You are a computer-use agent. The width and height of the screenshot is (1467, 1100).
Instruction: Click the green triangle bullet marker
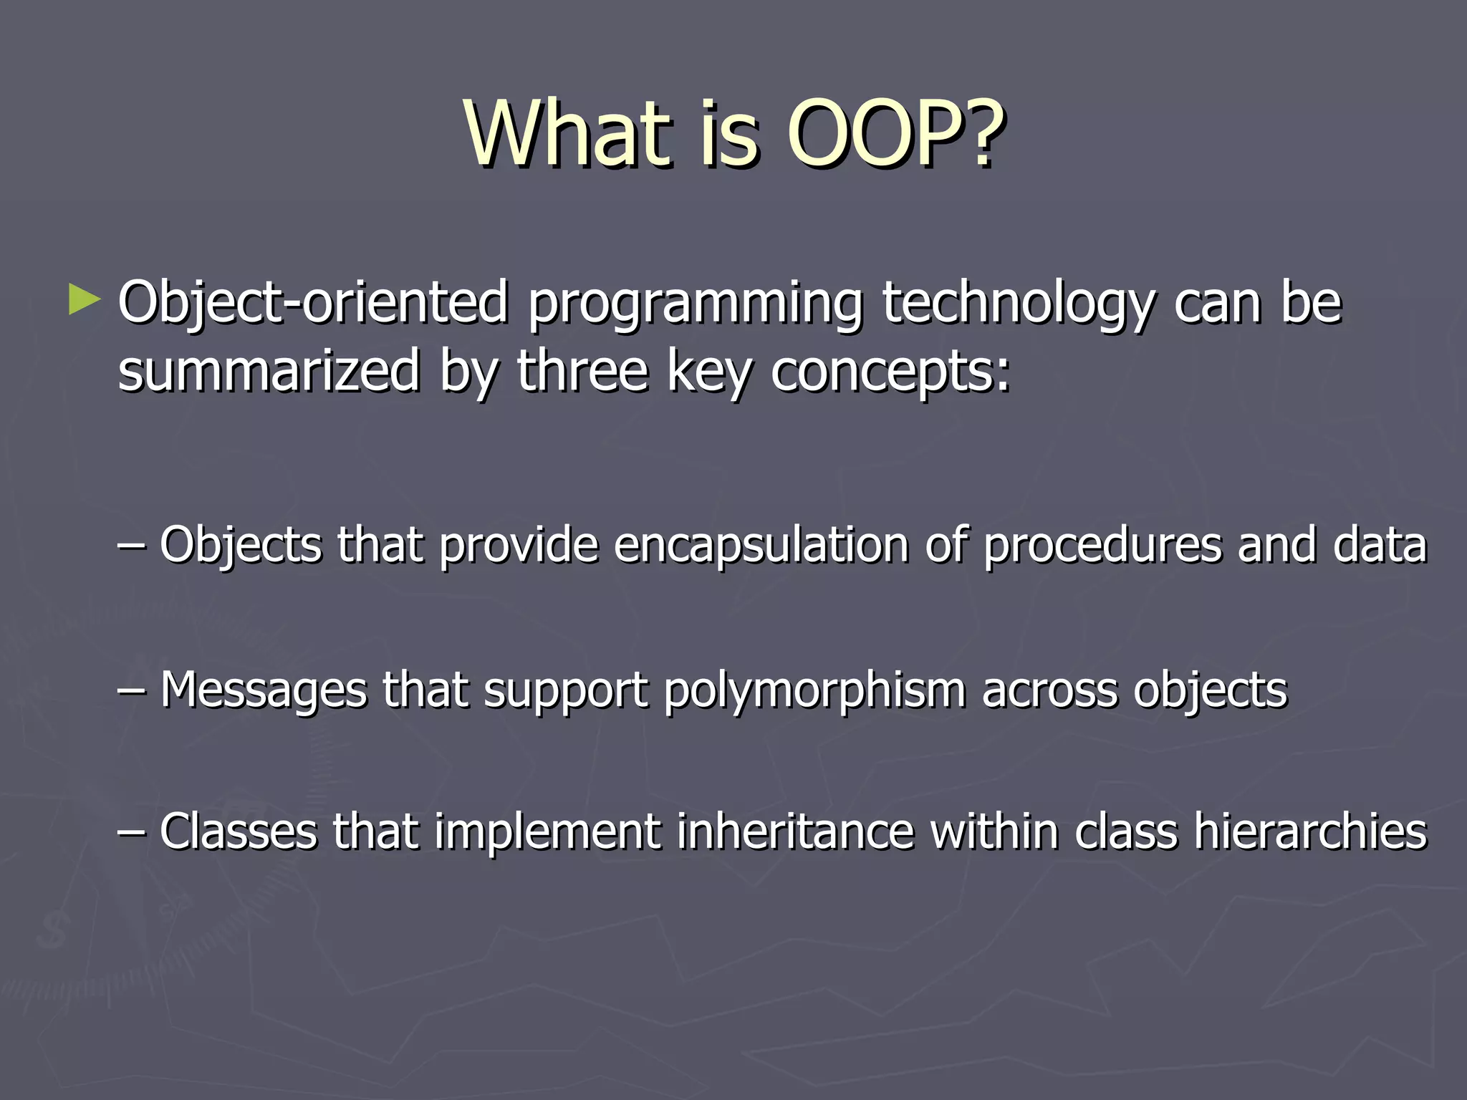pyautogui.click(x=85, y=301)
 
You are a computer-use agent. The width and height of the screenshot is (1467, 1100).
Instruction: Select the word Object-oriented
pyautogui.click(x=313, y=304)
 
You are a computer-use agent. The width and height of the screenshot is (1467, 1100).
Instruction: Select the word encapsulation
pyautogui.click(x=761, y=546)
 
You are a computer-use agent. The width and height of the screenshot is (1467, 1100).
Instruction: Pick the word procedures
pyautogui.click(x=1102, y=546)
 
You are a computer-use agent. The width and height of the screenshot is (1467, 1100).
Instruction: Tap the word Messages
pyautogui.click(x=263, y=690)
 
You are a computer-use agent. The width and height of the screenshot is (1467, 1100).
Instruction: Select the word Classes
pyautogui.click(x=238, y=832)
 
